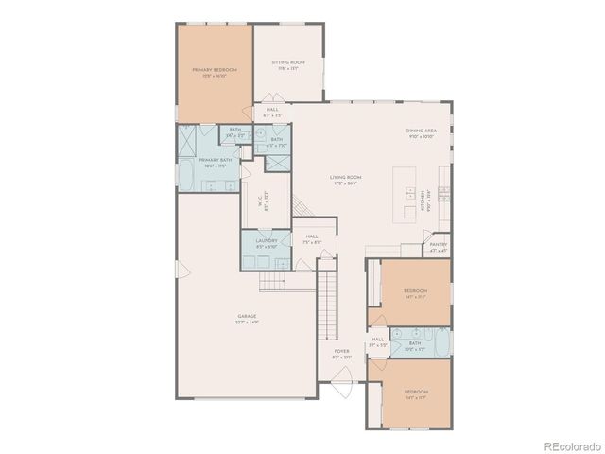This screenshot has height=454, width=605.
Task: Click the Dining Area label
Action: (420, 134)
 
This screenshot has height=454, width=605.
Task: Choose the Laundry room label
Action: (265, 244)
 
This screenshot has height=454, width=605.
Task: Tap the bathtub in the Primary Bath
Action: (187, 178)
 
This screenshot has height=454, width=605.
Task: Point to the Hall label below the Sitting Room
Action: (272, 111)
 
